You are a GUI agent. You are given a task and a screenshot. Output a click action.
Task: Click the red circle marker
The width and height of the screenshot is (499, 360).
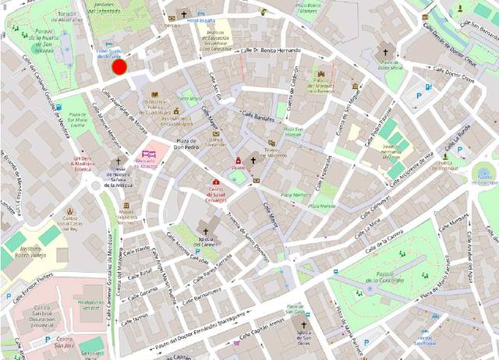(119, 68)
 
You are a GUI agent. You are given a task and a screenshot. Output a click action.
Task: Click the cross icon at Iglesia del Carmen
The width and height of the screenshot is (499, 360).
(207, 231)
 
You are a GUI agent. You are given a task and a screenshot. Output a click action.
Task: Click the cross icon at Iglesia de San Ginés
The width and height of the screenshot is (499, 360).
(306, 324)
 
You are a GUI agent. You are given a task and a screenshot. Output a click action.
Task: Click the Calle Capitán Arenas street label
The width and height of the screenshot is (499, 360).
(260, 330)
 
